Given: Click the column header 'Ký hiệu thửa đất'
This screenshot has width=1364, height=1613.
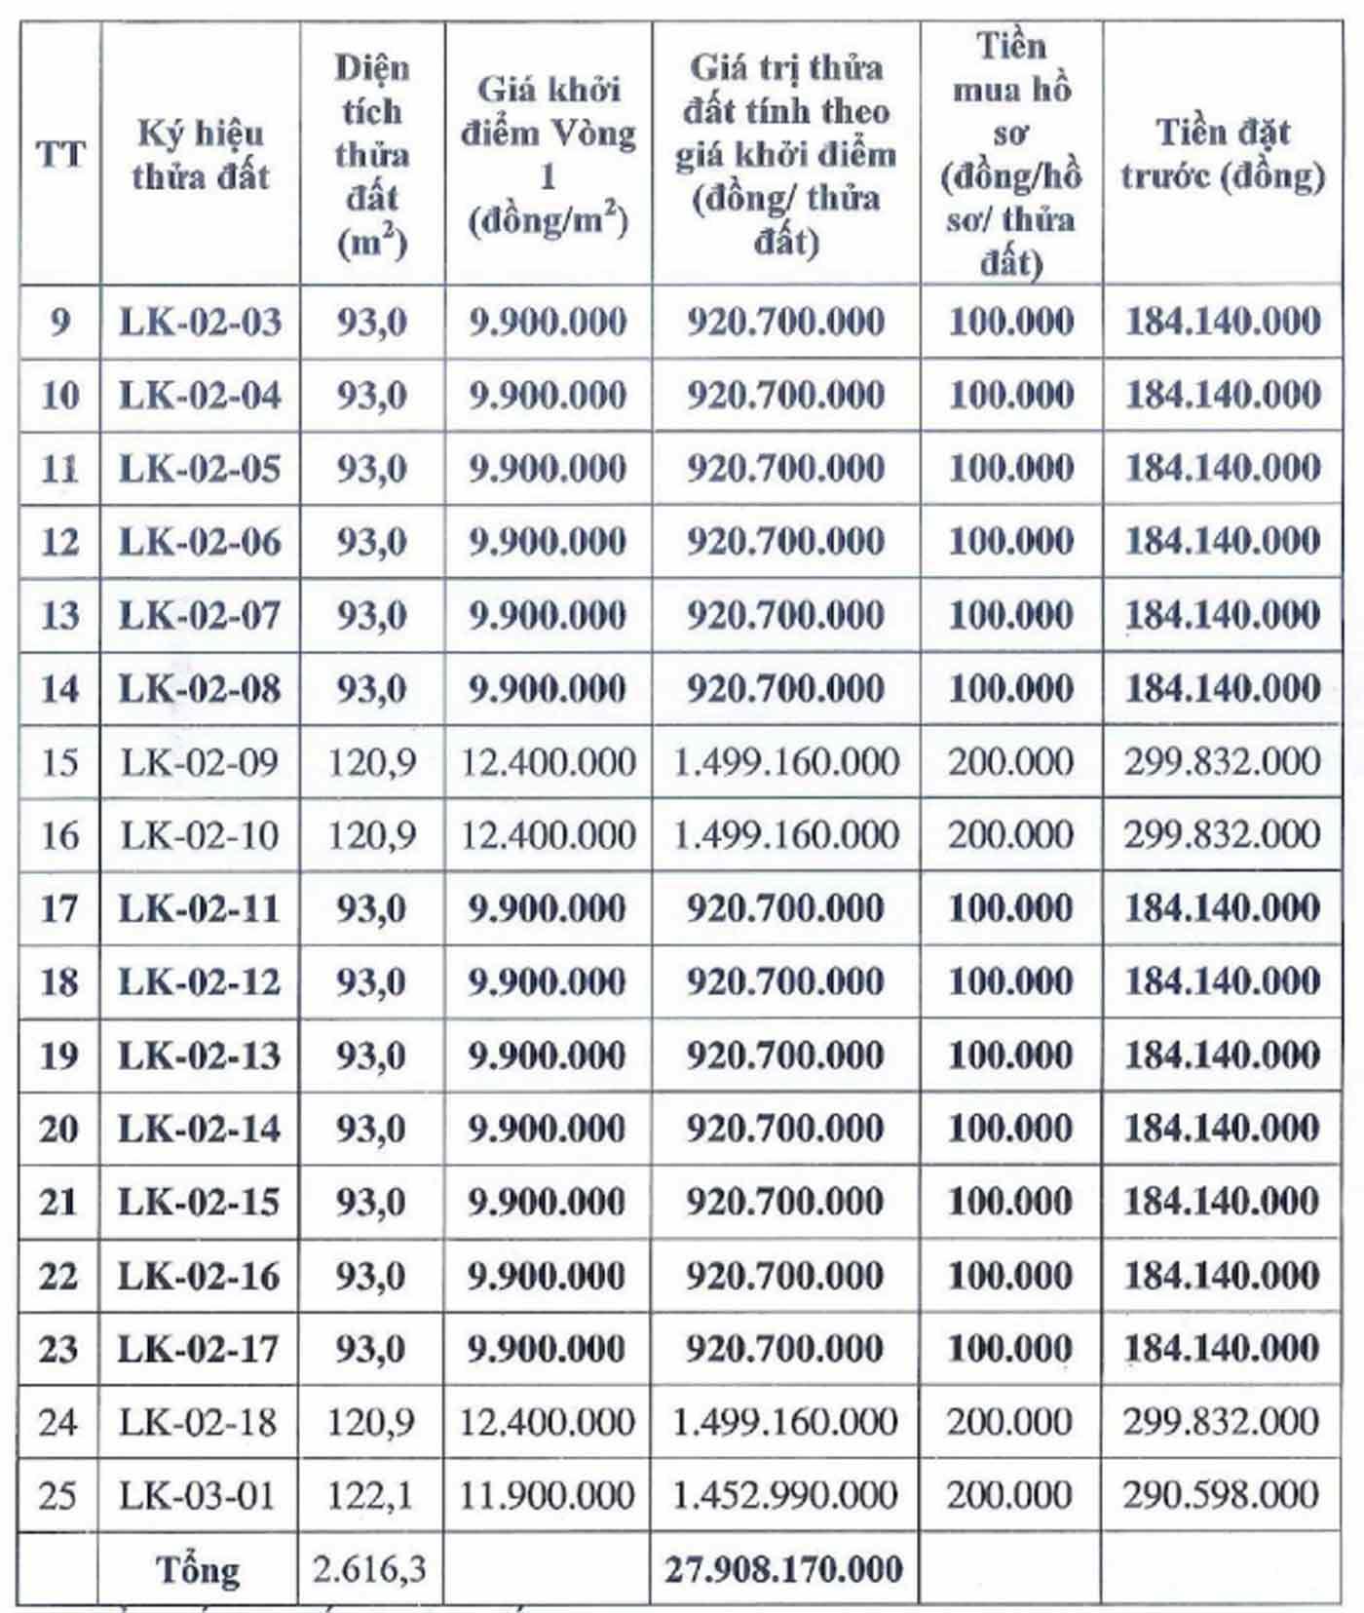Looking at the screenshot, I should [x=200, y=154].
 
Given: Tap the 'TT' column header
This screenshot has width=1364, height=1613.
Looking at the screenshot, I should [x=59, y=154].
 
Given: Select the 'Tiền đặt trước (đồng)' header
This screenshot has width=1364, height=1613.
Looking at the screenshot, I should [x=1222, y=154].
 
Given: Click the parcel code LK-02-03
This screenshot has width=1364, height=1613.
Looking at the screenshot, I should [x=200, y=322].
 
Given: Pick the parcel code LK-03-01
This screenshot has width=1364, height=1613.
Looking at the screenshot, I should [x=198, y=1495].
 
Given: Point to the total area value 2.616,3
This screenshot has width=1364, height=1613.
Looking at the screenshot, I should [x=369, y=1568].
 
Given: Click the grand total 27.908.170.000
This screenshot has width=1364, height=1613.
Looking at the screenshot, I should [x=784, y=1568].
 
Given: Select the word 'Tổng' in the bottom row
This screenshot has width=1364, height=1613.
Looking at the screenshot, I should [x=198, y=1569].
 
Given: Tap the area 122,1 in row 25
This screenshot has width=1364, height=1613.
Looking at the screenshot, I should [x=370, y=1495].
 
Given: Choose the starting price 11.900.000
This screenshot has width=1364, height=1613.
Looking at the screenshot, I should [x=547, y=1495].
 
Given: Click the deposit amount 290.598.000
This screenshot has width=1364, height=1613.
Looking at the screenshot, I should [x=1221, y=1495].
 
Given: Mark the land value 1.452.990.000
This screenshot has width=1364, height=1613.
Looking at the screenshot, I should [x=784, y=1495].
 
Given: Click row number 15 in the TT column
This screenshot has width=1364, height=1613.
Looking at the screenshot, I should [x=59, y=762].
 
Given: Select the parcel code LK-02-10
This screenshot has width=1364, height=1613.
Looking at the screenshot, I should [x=200, y=835].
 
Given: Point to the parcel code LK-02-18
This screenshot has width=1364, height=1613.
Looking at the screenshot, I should [x=199, y=1422].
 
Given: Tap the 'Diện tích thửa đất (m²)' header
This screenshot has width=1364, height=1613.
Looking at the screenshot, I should [x=371, y=154].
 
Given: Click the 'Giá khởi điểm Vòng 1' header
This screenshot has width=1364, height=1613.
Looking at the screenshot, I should [x=548, y=154].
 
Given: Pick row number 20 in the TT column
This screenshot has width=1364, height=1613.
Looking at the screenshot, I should [x=58, y=1129].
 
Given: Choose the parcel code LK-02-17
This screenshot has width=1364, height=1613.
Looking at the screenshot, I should [x=199, y=1349].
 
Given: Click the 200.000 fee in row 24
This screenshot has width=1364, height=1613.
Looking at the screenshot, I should [x=1010, y=1422].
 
